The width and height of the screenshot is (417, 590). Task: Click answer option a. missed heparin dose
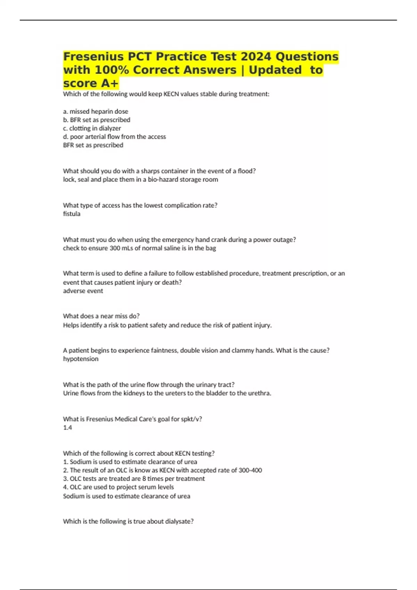[96, 111]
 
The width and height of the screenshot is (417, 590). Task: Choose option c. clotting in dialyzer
[92, 128]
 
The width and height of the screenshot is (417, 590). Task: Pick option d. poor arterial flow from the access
[114, 137]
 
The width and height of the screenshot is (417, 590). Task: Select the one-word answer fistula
[72, 214]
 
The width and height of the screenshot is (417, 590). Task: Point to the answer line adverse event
[83, 291]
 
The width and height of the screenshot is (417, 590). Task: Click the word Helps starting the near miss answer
[71, 325]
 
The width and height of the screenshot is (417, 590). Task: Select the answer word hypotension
[81, 359]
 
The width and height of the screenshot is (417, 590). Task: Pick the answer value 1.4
[67, 428]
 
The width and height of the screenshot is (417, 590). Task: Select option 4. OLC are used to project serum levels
[118, 487]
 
